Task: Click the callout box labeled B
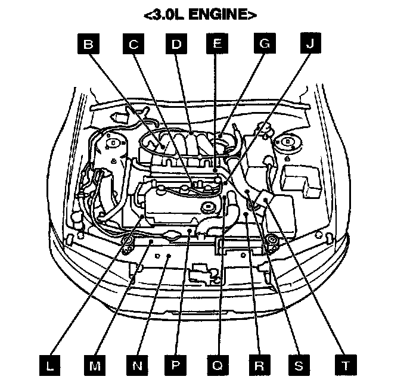pos(89,45)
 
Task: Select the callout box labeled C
pos(133,45)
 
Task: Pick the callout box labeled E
pos(217,45)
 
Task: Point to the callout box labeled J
pos(308,45)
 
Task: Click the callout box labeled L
pos(50,365)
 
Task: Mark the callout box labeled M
pos(93,365)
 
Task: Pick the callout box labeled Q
pos(218,365)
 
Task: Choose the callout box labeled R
pos(259,365)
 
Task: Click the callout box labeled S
pos(300,365)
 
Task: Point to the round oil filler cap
pos(208,208)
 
